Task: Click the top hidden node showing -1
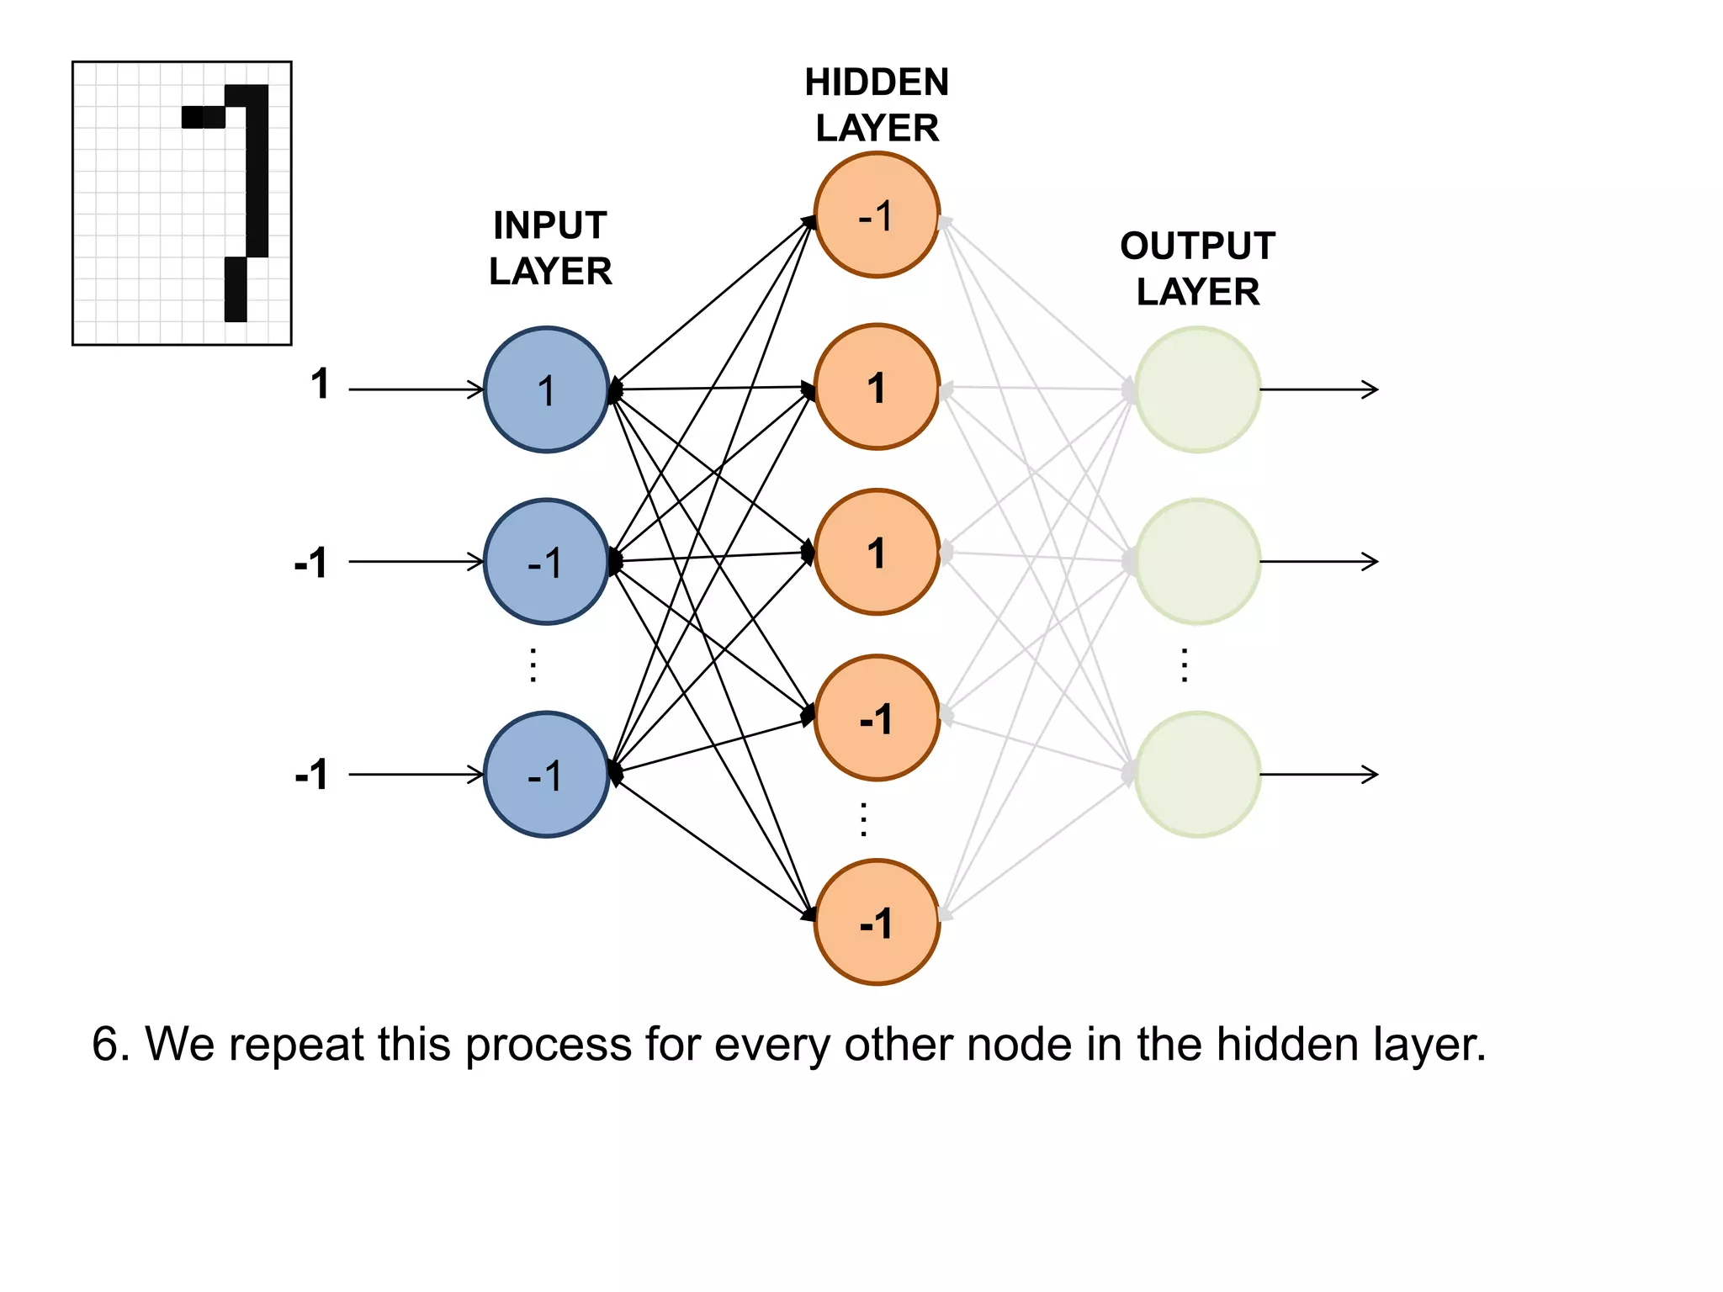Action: coord(877,214)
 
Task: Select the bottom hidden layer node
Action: coord(877,922)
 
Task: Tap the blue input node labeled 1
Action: coord(547,389)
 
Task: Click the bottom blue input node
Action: coord(547,775)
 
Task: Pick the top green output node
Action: coord(1197,389)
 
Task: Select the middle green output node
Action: coord(1197,561)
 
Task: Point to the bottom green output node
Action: coord(1197,775)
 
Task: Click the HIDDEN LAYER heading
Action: coord(877,105)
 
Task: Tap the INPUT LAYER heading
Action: coord(550,248)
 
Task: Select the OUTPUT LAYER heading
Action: coord(1197,268)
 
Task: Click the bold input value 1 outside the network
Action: coord(320,384)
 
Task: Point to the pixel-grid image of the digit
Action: coord(182,203)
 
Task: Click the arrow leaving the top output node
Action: coord(1317,389)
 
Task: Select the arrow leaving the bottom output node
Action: coord(1317,775)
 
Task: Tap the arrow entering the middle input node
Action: coord(416,561)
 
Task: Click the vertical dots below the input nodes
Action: coord(533,665)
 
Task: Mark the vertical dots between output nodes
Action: coord(1184,665)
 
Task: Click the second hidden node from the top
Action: coord(877,387)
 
